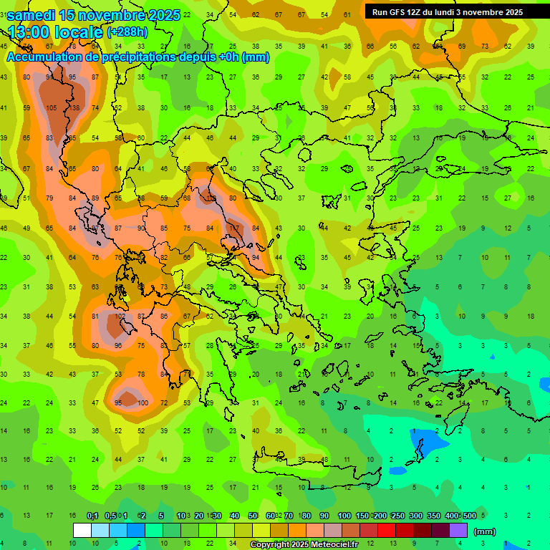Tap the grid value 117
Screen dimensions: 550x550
(x=233, y=228)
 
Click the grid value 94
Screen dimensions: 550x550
(x=256, y=257)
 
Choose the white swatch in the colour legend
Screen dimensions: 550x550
(x=82, y=530)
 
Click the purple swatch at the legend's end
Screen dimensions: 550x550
(x=458, y=530)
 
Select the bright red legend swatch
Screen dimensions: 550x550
(x=387, y=530)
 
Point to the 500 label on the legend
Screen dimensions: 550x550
(x=469, y=516)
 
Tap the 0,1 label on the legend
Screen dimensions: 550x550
(x=92, y=516)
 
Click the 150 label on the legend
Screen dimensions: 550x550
(x=362, y=516)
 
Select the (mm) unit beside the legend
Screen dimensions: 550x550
(x=486, y=531)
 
